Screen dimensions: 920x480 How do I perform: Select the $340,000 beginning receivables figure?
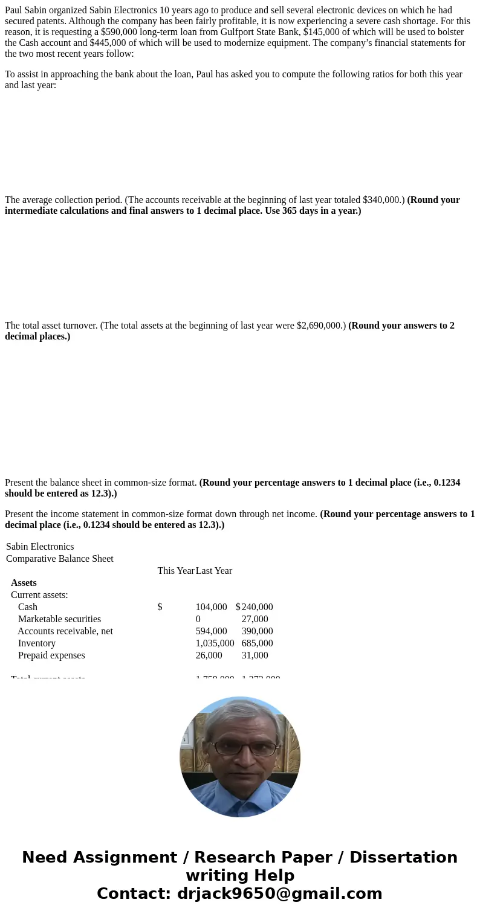point(383,200)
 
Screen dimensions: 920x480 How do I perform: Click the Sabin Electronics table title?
point(40,547)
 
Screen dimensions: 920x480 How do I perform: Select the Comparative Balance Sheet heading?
point(60,559)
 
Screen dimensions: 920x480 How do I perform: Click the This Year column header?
point(175,571)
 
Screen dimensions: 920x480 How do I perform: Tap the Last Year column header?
point(214,571)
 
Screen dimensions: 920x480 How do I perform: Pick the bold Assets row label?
point(24,583)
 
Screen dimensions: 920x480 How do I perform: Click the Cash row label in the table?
point(28,607)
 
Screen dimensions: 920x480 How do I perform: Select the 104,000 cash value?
point(211,607)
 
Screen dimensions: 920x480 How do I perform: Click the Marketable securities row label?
point(59,619)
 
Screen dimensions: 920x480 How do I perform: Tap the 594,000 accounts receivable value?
point(211,631)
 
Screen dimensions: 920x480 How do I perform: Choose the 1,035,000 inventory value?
point(215,643)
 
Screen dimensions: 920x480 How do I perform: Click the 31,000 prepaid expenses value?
point(255,655)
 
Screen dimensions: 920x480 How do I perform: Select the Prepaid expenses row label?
point(51,655)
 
